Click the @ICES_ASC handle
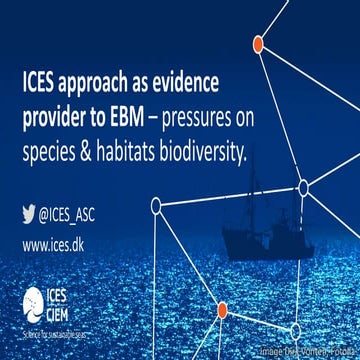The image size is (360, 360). (x=76, y=212)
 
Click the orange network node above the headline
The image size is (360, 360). (x=257, y=44)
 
